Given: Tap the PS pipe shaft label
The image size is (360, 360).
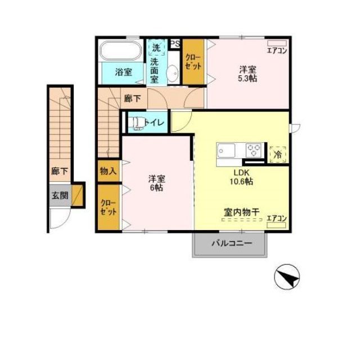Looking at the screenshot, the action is click(x=175, y=44).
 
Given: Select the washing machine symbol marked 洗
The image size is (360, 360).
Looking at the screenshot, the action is click(x=157, y=47).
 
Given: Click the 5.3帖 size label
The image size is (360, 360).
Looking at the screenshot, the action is click(x=247, y=79).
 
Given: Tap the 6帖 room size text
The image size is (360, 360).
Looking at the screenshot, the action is click(x=156, y=187).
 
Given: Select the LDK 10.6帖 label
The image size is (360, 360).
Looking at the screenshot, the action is click(x=241, y=177).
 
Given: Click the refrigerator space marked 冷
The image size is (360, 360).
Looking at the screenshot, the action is click(x=278, y=154).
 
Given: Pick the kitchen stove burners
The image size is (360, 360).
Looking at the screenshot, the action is click(x=254, y=150).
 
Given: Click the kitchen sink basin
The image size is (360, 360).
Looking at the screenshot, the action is click(x=226, y=150).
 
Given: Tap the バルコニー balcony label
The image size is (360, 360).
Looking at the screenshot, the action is click(x=232, y=243).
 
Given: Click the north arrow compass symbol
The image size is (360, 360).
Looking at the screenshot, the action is click(x=287, y=277).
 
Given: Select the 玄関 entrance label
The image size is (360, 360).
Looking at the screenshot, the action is click(x=60, y=195).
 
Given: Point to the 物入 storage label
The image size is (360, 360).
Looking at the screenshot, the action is click(x=108, y=171).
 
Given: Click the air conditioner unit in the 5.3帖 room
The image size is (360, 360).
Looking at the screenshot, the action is click(x=277, y=43).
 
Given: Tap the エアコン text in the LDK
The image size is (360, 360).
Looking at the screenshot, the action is click(x=277, y=218).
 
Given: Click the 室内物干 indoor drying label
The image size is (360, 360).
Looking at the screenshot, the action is click(x=241, y=212).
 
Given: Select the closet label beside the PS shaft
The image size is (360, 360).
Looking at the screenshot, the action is click(x=193, y=62).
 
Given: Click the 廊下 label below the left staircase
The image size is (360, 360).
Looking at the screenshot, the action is click(x=60, y=171).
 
